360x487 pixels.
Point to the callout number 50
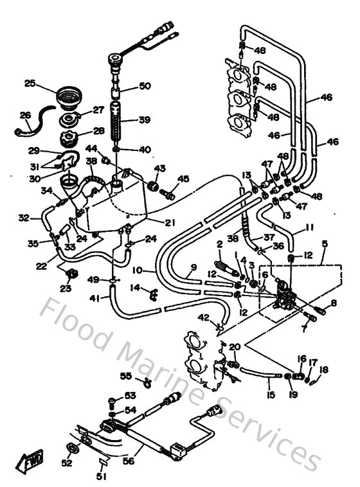(145, 86)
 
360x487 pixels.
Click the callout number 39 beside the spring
(145, 121)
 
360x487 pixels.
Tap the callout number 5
(325, 243)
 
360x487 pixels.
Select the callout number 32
(24, 218)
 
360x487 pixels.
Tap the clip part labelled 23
(72, 275)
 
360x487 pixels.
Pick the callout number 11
(309, 227)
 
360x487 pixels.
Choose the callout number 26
(26, 116)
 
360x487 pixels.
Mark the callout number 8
(334, 302)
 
